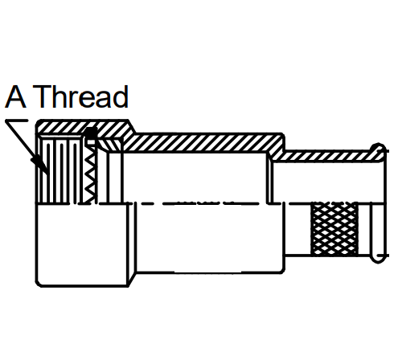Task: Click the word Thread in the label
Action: [x=80, y=96]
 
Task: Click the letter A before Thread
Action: [x=15, y=96]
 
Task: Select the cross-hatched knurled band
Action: [x=334, y=229]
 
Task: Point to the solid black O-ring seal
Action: [x=91, y=133]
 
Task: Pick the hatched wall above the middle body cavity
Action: [x=203, y=143]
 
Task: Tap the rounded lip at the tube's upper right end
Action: [x=379, y=149]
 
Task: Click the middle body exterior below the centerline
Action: [x=209, y=238]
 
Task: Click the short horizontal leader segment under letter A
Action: [x=17, y=121]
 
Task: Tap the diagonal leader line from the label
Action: [x=27, y=147]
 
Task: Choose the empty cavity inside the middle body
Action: [x=195, y=178]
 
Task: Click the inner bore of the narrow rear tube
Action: [x=328, y=182]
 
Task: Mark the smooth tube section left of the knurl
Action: [x=298, y=229]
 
